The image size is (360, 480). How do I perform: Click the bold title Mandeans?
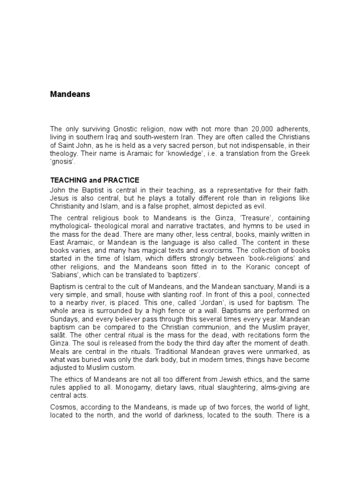point(70,94)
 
